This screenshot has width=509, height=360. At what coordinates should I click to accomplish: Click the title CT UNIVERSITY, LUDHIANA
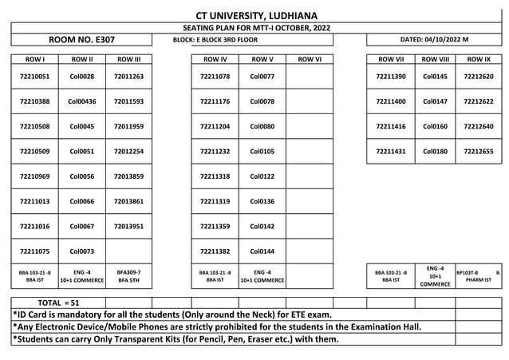tap(256, 15)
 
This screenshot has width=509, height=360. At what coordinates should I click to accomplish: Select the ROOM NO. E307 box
tap(82, 39)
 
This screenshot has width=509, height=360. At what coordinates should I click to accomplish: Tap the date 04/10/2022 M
tap(435, 39)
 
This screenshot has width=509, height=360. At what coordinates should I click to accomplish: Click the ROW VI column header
tap(309, 59)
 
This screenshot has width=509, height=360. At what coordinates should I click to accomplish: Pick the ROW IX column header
tap(479, 59)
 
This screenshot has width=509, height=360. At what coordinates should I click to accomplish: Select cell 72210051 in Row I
tap(34, 77)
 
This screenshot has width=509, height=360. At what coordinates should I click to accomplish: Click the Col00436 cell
tap(81, 101)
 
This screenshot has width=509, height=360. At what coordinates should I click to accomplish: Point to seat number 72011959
tap(128, 126)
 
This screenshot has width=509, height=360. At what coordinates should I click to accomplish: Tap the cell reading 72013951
tap(128, 226)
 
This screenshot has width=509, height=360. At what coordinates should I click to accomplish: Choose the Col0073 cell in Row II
tap(81, 251)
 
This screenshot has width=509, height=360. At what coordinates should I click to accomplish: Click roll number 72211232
tap(215, 151)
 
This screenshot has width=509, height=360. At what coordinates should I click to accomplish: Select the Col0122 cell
tap(262, 176)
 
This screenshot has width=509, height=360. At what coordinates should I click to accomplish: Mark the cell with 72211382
tap(215, 251)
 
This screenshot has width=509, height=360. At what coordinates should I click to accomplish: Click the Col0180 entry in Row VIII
tap(435, 151)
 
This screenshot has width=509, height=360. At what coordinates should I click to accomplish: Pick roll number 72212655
tap(479, 151)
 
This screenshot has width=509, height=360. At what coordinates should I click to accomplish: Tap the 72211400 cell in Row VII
tap(391, 101)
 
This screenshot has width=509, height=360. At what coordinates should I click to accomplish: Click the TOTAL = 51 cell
tap(59, 303)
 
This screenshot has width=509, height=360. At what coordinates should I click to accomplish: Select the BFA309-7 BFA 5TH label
tap(128, 276)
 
